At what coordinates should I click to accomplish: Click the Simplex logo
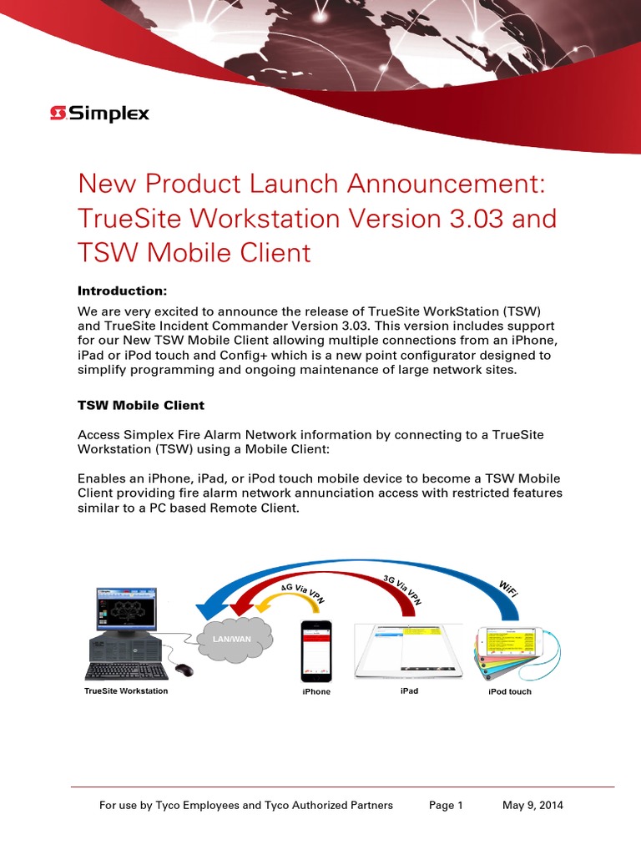(99, 113)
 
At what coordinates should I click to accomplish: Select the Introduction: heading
(123, 291)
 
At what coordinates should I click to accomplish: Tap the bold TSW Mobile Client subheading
(140, 405)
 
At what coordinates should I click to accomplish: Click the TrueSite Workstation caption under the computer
(126, 691)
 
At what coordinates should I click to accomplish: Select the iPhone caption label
(316, 691)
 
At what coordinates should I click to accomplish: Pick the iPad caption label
(409, 691)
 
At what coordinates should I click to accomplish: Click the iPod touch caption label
(509, 691)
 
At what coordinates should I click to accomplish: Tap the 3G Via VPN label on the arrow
(403, 590)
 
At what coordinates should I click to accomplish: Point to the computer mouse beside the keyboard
(184, 670)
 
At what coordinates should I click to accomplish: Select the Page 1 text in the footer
(446, 805)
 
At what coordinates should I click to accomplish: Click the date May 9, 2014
(532, 805)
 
